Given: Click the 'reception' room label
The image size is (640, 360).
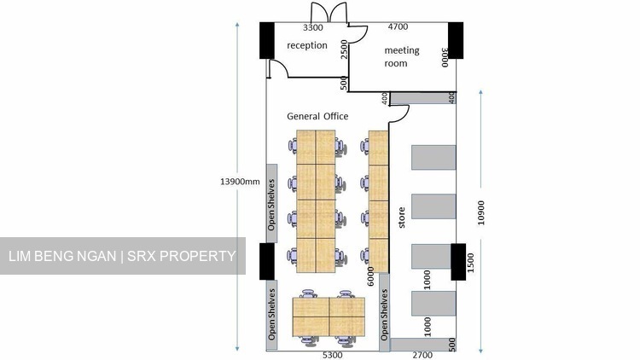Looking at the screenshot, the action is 307,45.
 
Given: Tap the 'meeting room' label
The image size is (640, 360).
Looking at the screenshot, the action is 402,57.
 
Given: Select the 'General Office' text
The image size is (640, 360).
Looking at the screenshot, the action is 317,116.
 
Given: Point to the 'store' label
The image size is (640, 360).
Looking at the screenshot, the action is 402,218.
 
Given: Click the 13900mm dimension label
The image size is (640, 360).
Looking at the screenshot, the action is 240,182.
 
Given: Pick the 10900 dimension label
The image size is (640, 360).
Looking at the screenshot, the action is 480,212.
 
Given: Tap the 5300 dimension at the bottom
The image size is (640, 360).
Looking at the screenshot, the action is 332,355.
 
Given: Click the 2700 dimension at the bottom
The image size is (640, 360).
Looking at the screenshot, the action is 422,355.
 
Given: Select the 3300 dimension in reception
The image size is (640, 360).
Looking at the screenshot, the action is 313,28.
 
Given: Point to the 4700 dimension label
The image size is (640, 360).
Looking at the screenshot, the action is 398,27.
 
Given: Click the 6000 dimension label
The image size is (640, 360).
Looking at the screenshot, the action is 370,276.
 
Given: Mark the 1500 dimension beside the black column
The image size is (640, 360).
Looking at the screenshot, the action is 470,263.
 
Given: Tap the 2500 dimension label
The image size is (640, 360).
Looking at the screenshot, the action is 344,49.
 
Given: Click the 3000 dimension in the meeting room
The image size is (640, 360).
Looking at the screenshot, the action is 445,57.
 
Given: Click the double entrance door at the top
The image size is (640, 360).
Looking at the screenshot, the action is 329,12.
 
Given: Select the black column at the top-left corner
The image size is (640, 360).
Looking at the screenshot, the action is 267,40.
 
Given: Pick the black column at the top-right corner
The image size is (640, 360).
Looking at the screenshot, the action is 456,40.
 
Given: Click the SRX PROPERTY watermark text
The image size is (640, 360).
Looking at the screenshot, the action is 182,256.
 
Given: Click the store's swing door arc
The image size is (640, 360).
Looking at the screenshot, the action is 404,115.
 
